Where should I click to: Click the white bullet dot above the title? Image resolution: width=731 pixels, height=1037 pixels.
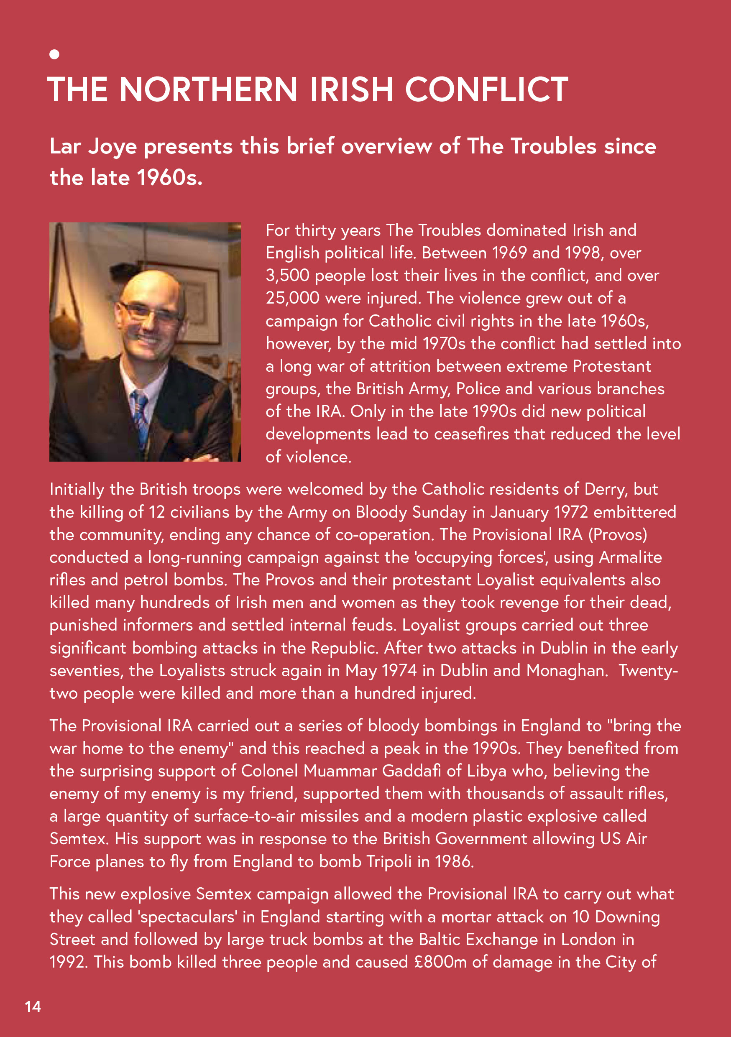point(54,54)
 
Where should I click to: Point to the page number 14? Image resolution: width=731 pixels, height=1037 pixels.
point(33,1006)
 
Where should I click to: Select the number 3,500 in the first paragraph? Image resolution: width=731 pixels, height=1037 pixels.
point(287,276)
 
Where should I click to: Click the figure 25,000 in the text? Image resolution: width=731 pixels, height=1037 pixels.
point(292,298)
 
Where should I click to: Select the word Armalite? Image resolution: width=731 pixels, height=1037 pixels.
point(630,557)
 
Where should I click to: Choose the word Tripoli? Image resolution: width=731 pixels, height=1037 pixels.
point(389,862)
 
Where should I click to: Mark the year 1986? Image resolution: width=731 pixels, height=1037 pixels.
point(454,862)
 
